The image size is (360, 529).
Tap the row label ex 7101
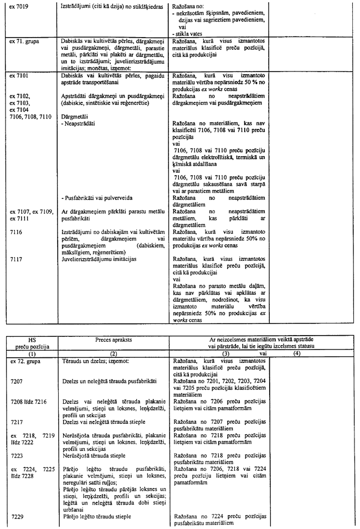pos(19,74)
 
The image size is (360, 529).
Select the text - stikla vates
pos(189,32)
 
